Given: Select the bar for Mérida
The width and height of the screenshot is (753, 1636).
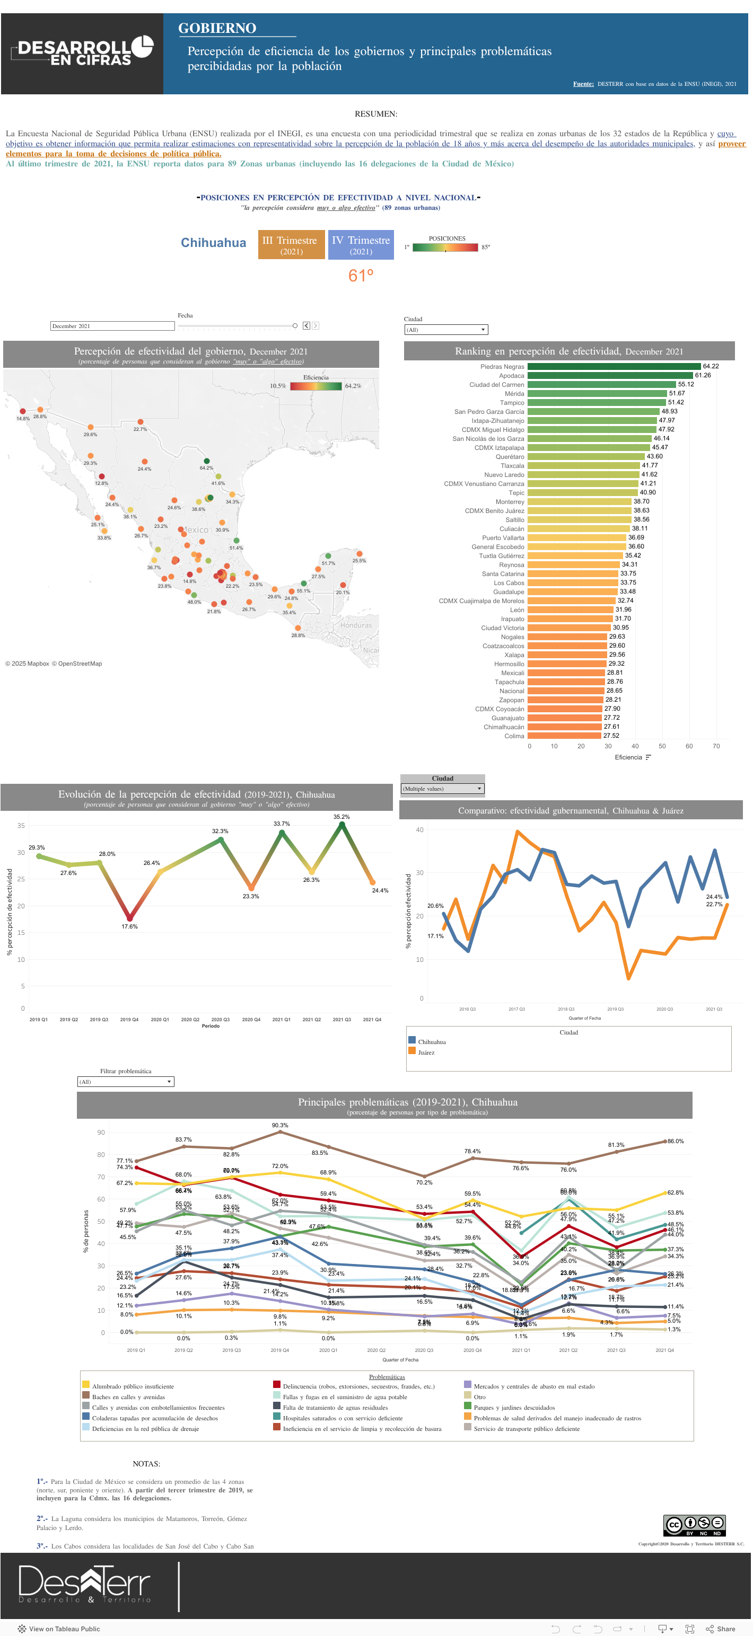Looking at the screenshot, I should coord(596,394).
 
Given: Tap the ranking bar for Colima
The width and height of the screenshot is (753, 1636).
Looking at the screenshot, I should coord(564,736).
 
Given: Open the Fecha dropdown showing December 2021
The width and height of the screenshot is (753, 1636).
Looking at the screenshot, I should coord(112,326).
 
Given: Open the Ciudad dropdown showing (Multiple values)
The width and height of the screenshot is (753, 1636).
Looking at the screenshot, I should coord(442,789).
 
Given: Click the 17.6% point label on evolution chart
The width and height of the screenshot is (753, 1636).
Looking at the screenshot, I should coord(129,926).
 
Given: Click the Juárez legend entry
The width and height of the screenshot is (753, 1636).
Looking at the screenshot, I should coord(426,1053).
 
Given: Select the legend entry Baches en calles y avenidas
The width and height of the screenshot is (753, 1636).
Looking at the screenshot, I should coord(128,1397).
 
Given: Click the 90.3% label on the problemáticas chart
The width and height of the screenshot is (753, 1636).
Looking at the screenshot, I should coord(279,1126).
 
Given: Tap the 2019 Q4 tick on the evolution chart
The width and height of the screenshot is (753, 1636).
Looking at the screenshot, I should coord(129,1019).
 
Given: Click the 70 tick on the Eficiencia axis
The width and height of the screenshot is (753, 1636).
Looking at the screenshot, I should coord(716,746).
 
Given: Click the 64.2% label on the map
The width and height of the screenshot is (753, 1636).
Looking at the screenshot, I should coord(206,468).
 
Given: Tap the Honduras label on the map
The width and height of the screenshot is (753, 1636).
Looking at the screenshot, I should coord(356,625).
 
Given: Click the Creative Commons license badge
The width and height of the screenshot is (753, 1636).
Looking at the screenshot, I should coord(694,1525).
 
